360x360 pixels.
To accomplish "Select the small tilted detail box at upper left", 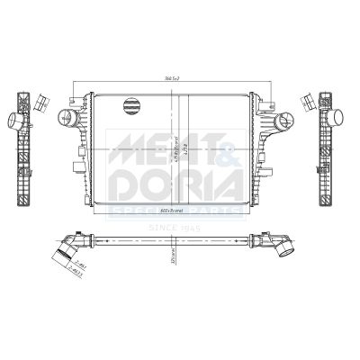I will [40, 101].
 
